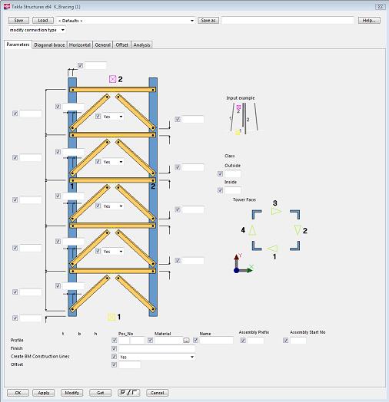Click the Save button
tap(18, 20)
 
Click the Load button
tap(44, 20)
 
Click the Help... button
tap(369, 20)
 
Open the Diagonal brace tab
tap(49, 45)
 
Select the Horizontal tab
tap(80, 45)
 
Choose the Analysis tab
tap(141, 45)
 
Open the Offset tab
tap(122, 45)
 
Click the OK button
tap(18, 392)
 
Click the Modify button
tap(71, 392)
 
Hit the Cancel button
tap(157, 392)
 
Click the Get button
tap(99, 392)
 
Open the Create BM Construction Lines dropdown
tap(191, 357)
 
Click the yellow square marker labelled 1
tap(111, 316)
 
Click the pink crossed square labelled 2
tap(111, 79)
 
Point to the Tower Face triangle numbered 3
tap(277, 211)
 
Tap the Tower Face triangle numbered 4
tap(252, 229)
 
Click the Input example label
tap(240, 98)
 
